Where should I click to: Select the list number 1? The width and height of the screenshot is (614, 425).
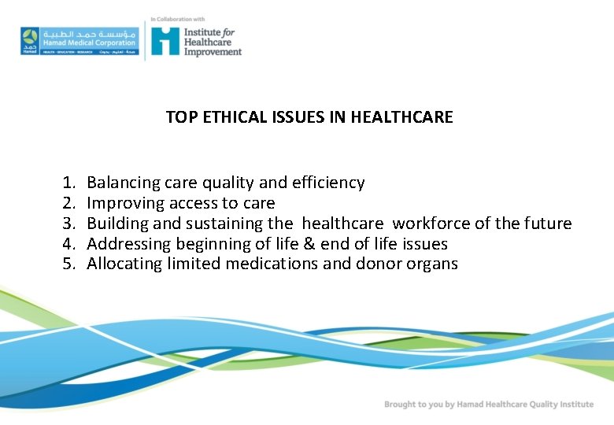pos(68,183)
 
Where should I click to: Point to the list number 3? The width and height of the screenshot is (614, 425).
pos(68,224)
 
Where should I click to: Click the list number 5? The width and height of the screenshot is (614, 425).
pos(68,264)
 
